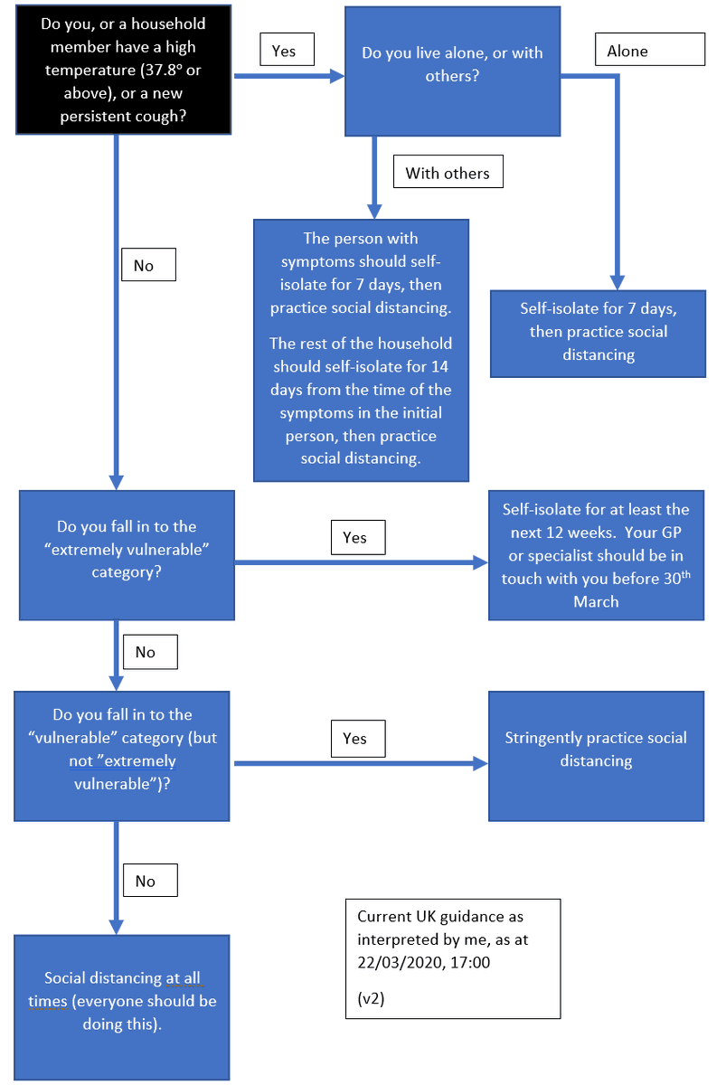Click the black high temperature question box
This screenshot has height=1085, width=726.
click(x=124, y=71)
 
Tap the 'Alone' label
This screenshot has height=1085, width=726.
click(x=649, y=51)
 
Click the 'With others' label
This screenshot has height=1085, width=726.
click(x=448, y=173)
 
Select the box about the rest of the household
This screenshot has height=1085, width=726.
click(x=361, y=401)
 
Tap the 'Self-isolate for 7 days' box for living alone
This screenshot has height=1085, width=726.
click(x=598, y=332)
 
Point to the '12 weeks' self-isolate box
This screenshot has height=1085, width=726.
click(x=596, y=555)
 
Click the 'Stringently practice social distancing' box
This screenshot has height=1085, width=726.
click(x=596, y=755)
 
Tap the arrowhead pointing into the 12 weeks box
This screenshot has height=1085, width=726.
click(x=480, y=562)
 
